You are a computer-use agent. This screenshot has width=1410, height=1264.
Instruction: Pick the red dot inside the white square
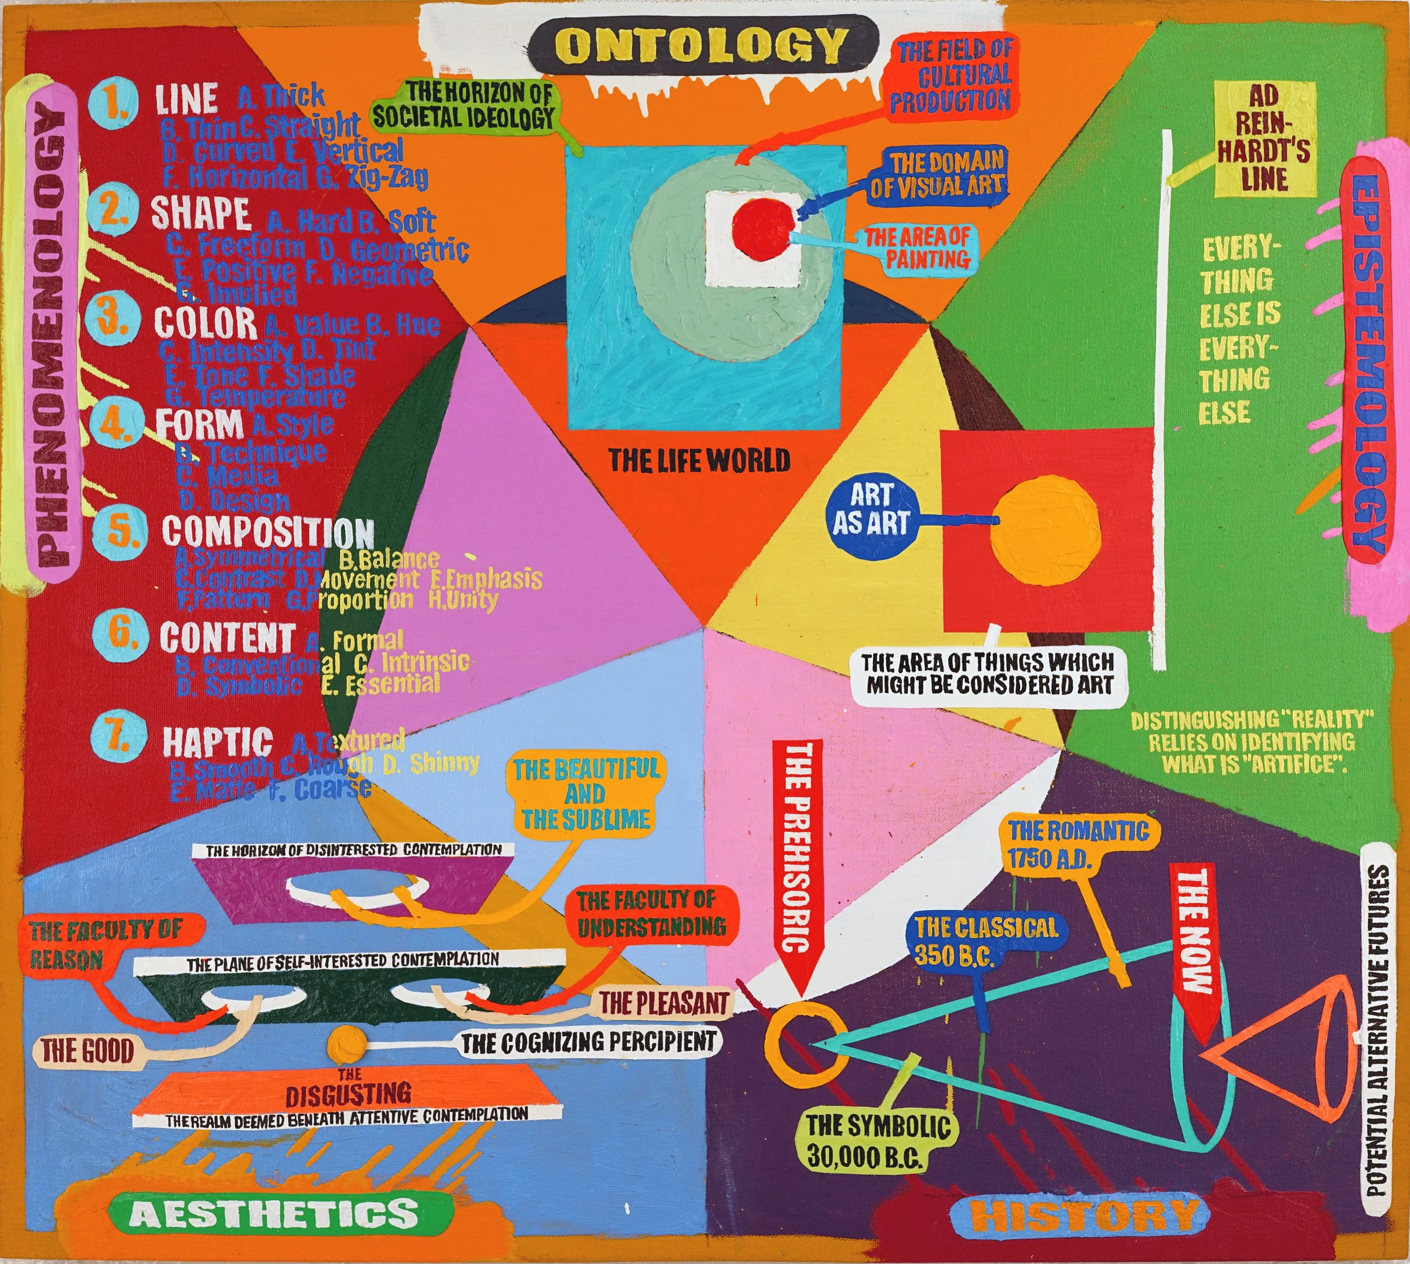(764, 227)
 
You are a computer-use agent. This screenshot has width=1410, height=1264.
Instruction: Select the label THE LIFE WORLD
(699, 460)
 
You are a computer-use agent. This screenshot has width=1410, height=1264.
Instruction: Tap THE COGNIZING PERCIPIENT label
(588, 1041)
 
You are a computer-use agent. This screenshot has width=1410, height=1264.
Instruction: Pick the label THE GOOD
(87, 1051)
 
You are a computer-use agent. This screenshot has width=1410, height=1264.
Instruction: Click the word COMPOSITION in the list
(268, 532)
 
